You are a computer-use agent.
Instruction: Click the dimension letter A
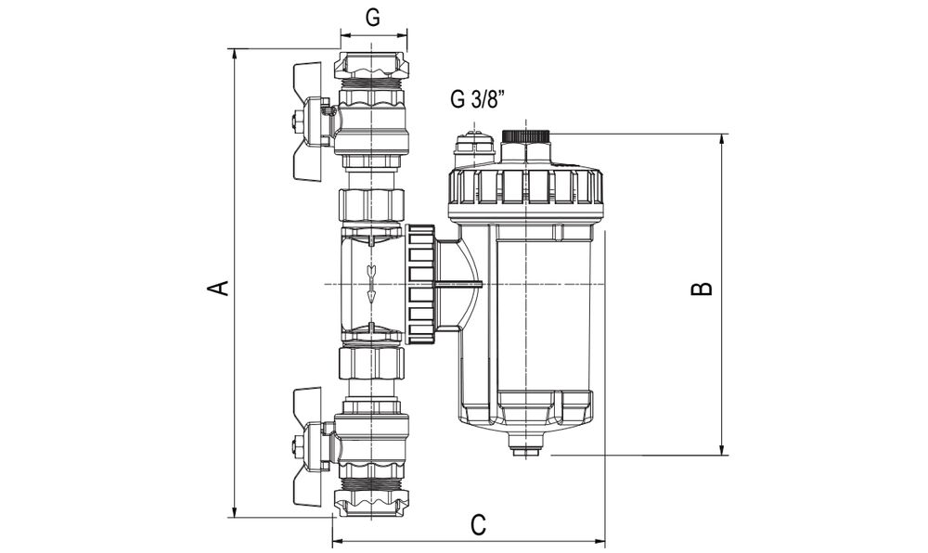[x=220, y=287]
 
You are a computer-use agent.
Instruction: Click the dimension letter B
[x=702, y=288]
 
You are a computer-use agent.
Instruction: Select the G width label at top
[x=372, y=18]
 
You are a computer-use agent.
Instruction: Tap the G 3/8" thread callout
[x=479, y=98]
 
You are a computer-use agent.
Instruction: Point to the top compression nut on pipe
[x=371, y=65]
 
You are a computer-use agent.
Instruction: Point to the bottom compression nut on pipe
[x=371, y=503]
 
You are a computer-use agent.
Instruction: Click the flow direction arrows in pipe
[x=371, y=283]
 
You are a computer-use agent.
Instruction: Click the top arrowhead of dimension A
[x=235, y=54]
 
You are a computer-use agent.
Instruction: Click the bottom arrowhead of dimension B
[x=722, y=449]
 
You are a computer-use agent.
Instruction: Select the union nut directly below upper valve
[x=371, y=204]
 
